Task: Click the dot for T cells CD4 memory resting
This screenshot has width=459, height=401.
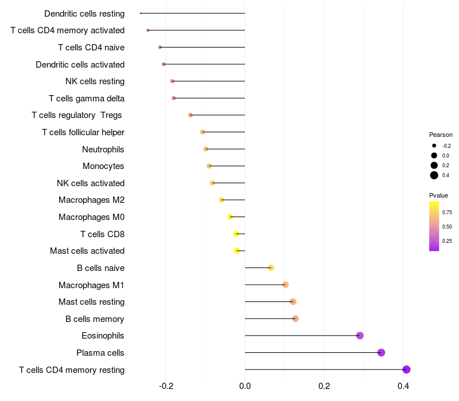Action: [x=406, y=369]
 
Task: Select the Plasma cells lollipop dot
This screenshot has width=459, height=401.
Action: [x=381, y=353]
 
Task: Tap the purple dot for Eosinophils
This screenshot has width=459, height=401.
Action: [x=360, y=336]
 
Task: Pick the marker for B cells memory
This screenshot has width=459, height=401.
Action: [x=295, y=319]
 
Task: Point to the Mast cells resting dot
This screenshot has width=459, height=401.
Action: [x=293, y=302]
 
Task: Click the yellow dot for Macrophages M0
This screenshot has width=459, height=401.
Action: [x=230, y=217]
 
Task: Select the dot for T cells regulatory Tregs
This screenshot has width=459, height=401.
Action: [x=190, y=115]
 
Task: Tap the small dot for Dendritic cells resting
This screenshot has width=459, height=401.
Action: [x=141, y=13]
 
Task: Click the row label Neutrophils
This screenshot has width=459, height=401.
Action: [x=103, y=150]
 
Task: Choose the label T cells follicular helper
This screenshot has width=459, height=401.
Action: [x=83, y=132]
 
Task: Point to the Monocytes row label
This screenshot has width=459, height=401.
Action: [x=103, y=166]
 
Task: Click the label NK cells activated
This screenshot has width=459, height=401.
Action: [x=91, y=183]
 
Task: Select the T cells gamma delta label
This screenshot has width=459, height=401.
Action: [x=87, y=99]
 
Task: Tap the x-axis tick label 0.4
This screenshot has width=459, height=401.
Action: [x=403, y=386]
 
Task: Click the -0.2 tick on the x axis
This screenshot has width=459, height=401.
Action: [x=166, y=386]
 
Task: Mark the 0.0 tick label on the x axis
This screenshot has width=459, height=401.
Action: [x=245, y=386]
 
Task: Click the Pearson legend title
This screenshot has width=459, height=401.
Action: [x=441, y=135]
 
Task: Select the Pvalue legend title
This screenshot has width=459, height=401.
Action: [x=438, y=195]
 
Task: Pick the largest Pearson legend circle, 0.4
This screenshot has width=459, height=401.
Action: [x=434, y=175]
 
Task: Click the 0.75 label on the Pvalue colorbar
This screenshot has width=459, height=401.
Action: [x=447, y=212]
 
